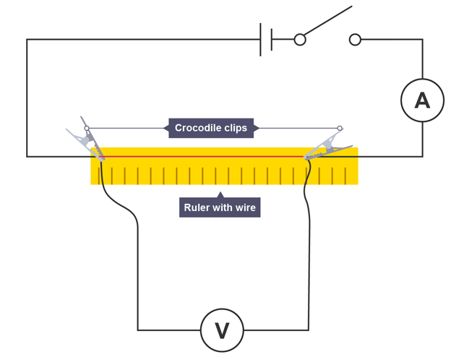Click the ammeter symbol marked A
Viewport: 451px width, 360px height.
pos(422,100)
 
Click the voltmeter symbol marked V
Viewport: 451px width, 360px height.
pos(222,330)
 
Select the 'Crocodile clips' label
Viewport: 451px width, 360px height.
pos(211,128)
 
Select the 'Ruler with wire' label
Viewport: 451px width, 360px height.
pos(220,207)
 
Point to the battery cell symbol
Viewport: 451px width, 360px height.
pos(266,39)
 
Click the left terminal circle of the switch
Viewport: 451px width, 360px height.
pos(300,40)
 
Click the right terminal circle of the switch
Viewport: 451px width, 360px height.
pos(355,40)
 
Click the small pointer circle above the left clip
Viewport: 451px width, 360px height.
pos(87,129)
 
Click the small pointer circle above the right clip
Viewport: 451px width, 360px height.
pos(340,129)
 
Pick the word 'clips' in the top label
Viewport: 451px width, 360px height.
pos(236,128)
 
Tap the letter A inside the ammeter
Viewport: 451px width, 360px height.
pos(422,100)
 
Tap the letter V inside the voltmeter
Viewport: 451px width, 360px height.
pos(222,331)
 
